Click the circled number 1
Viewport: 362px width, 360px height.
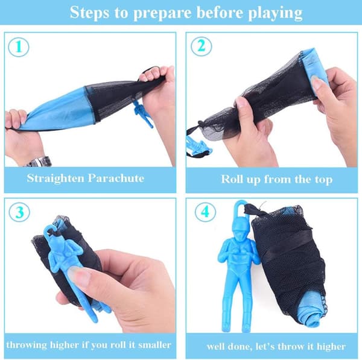coord(19,47)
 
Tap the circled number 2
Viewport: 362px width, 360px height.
coord(202,46)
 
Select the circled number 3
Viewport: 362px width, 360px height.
coord(19,212)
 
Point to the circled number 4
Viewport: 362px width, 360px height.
coord(205,212)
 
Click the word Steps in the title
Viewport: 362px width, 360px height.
coord(90,13)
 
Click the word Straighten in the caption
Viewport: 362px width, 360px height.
coord(55,178)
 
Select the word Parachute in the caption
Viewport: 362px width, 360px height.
coord(116,178)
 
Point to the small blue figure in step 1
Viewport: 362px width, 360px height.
coord(143,114)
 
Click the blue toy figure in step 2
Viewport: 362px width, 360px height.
coord(198,145)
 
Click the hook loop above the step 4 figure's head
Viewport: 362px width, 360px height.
coord(240,207)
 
